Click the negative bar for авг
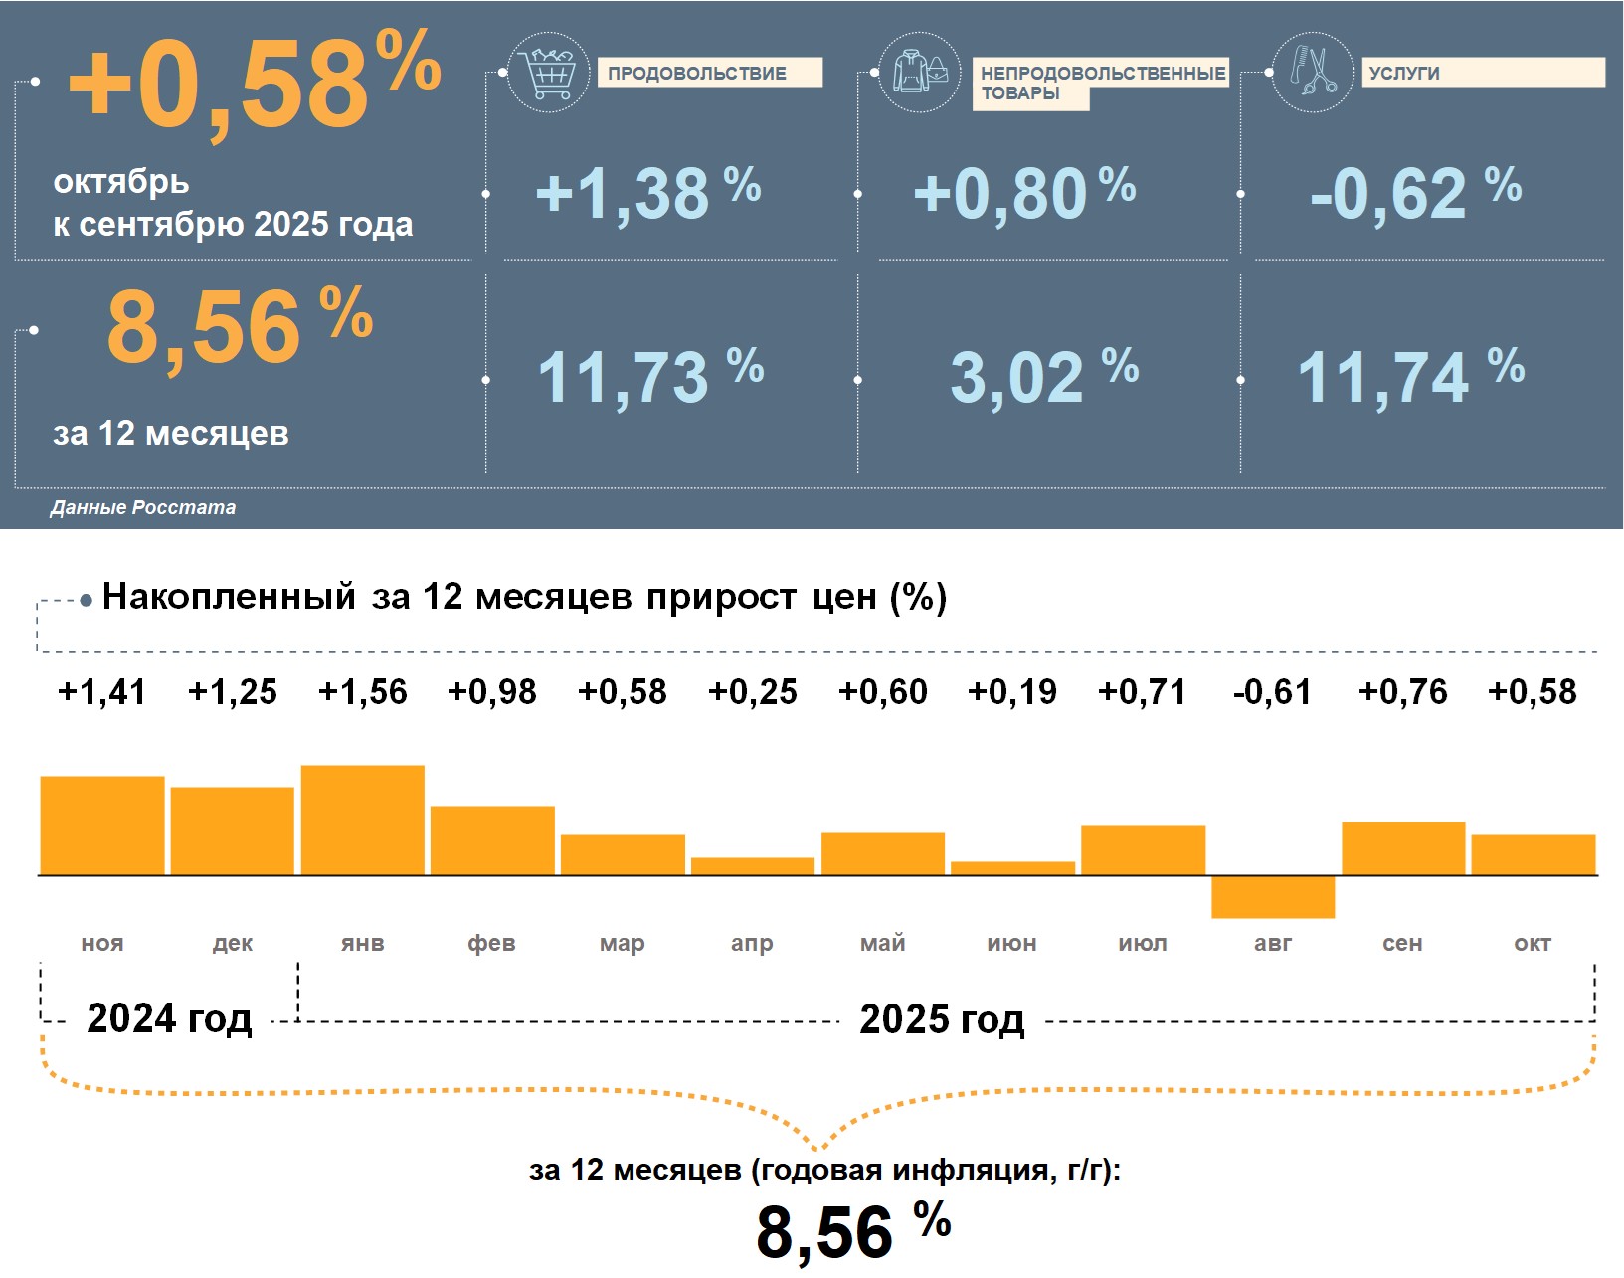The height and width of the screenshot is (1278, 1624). point(1272,897)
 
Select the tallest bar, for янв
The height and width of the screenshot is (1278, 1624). point(362,821)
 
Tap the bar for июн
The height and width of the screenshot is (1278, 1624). point(1012,868)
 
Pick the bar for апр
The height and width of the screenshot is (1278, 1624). point(752,866)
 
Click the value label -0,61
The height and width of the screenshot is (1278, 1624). point(1272,692)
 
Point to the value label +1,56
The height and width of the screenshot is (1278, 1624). point(362,692)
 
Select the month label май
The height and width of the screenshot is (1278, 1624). point(882,943)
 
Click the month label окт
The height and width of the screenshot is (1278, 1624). point(1532,943)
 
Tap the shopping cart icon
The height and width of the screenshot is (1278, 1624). point(547,72)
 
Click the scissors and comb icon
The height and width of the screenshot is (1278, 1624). point(1313,72)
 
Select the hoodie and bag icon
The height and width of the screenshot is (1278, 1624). point(920,72)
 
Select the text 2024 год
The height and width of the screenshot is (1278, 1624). point(169,1019)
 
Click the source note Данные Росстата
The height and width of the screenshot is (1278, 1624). point(143,508)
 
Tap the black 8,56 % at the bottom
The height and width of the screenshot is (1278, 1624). point(852,1231)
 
